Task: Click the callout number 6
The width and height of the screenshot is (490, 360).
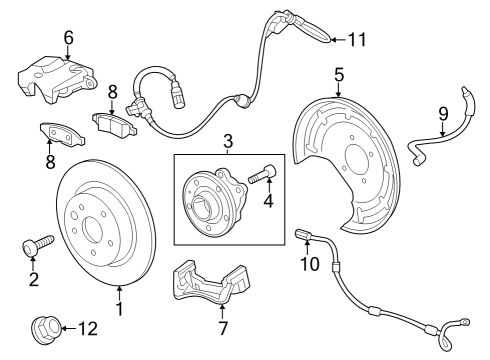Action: click(68, 38)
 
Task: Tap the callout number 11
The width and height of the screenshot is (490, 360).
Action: click(357, 40)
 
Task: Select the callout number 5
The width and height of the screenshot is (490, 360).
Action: click(339, 75)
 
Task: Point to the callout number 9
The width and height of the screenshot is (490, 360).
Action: click(443, 114)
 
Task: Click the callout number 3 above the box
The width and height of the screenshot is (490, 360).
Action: click(228, 141)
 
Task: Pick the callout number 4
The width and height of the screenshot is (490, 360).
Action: click(268, 201)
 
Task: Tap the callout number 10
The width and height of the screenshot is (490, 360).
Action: click(310, 264)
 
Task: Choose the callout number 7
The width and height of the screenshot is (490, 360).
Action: click(223, 328)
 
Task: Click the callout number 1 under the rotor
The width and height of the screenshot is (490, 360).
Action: click(119, 309)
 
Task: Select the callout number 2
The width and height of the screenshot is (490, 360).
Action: click(34, 279)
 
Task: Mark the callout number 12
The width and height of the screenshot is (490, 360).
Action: click(88, 329)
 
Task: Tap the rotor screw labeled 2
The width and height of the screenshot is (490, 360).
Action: click(38, 246)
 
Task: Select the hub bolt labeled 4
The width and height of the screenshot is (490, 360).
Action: click(262, 174)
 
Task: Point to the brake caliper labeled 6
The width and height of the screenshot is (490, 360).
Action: click(57, 79)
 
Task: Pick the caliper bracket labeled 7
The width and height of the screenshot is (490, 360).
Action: click(211, 282)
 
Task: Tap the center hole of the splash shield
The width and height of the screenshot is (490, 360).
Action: click(355, 156)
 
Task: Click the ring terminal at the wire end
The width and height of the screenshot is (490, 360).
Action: click(464, 321)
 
